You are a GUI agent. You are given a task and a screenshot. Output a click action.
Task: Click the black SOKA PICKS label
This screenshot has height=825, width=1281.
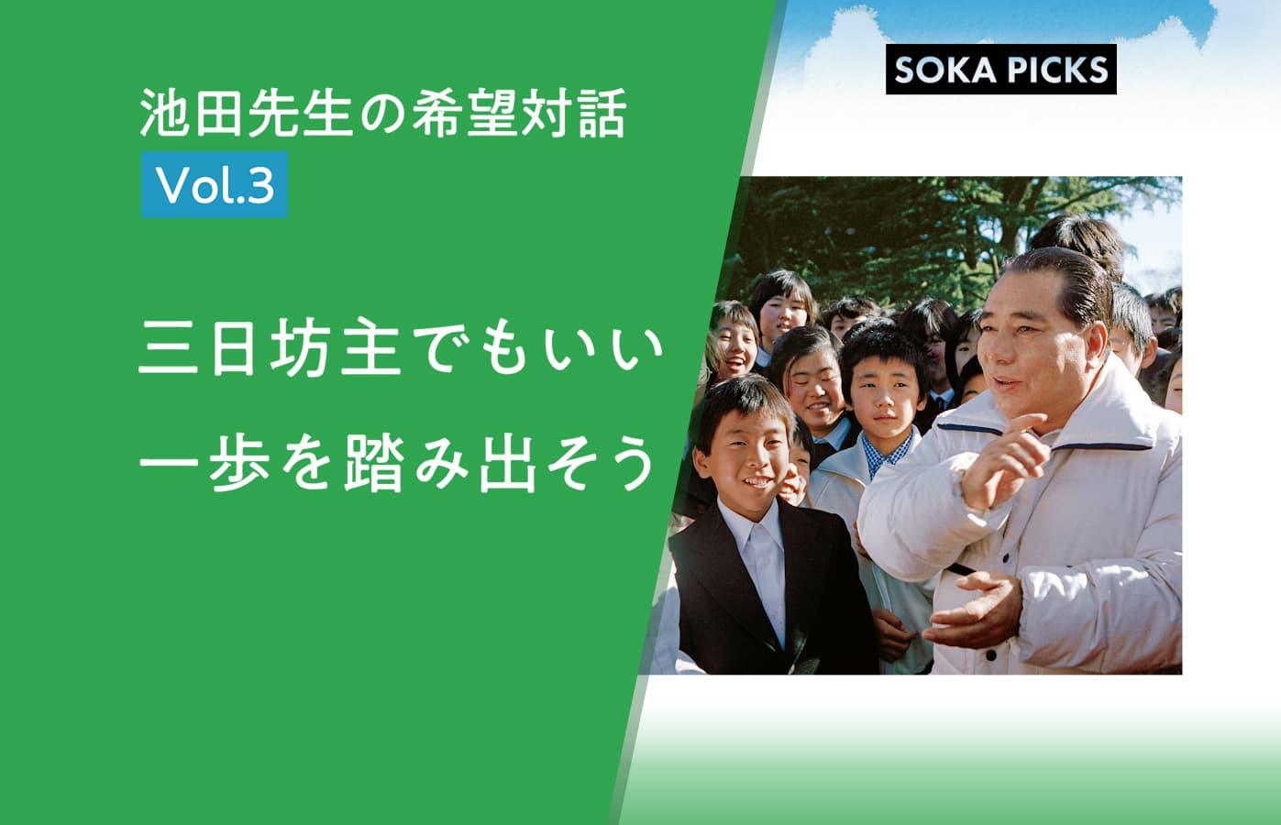coord(1000,69)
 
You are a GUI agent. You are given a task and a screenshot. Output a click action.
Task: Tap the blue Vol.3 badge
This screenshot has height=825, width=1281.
coord(215,184)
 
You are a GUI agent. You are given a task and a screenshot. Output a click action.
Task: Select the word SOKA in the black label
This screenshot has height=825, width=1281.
coord(946,70)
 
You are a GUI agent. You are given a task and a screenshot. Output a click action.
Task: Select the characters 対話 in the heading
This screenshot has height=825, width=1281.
coord(574,113)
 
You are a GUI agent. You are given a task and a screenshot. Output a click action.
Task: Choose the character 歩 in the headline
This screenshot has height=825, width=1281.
coord(239,463)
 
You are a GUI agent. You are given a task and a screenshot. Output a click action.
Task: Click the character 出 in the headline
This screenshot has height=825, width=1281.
coord(507,464)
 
